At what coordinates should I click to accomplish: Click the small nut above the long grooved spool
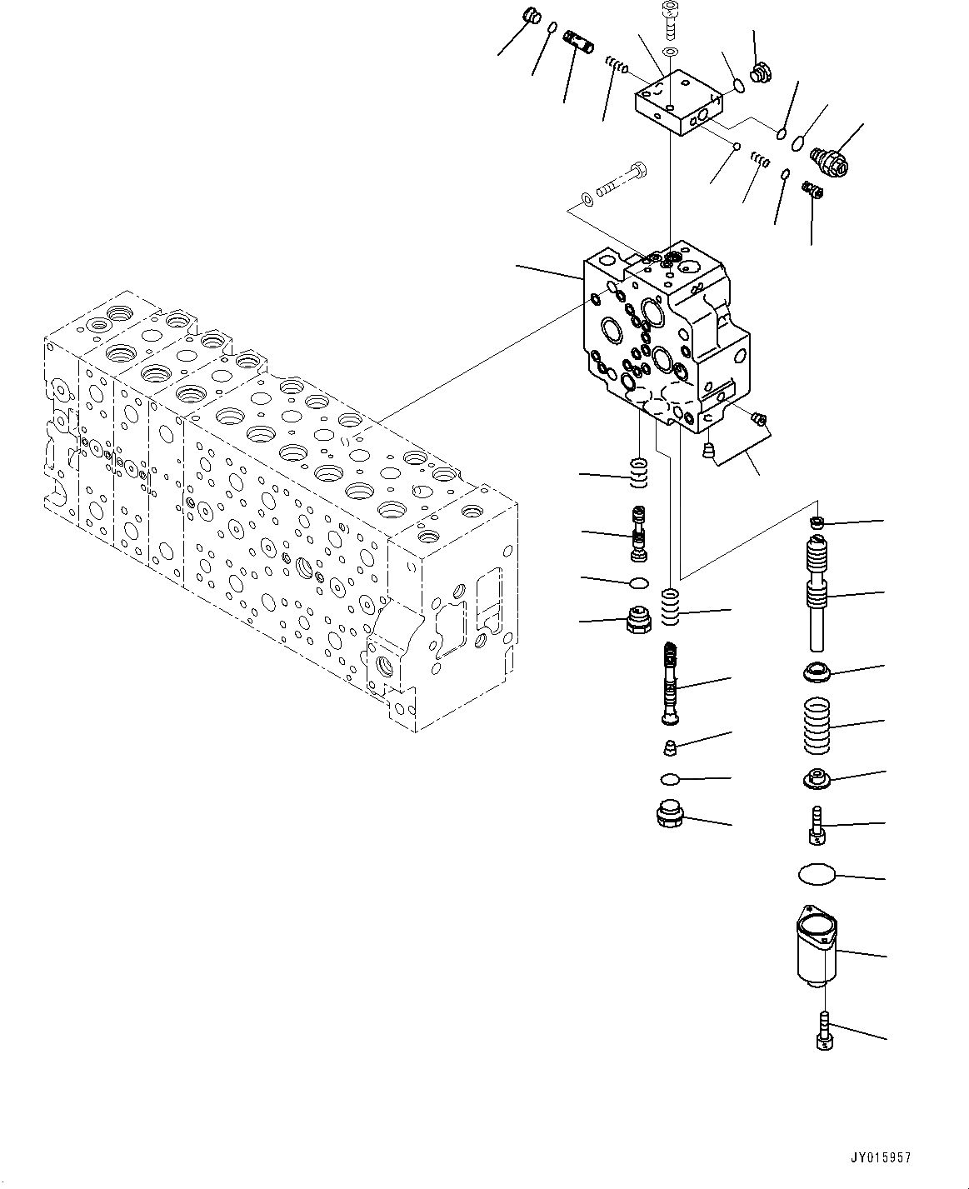coord(817,522)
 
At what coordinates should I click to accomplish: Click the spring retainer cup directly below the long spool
coord(817,671)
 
